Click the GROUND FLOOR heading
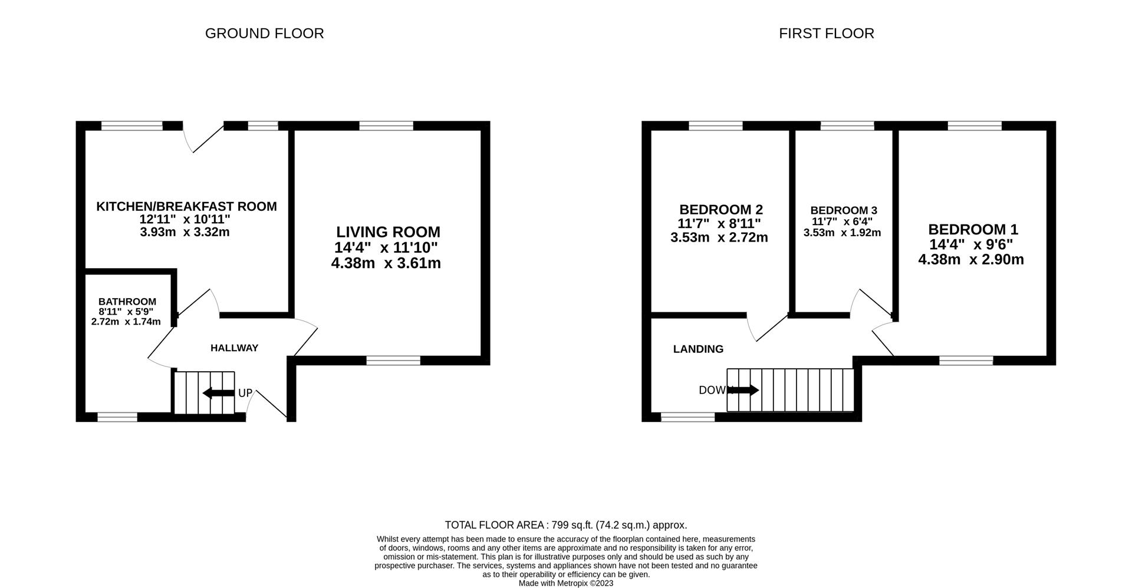click(x=264, y=34)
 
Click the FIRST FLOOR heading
click(x=827, y=34)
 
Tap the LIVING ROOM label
click(x=388, y=232)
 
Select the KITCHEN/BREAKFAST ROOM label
click(x=186, y=207)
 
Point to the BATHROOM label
click(x=127, y=302)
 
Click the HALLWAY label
click(x=235, y=348)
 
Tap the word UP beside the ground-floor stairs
click(x=245, y=393)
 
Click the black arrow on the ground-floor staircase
click(x=218, y=393)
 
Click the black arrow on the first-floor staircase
click(x=744, y=390)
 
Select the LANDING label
click(x=698, y=349)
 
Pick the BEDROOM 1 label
click(x=973, y=230)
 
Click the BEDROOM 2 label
click(x=721, y=210)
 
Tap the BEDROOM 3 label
click(x=844, y=210)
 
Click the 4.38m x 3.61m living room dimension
click(x=386, y=263)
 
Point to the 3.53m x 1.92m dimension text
click(x=842, y=233)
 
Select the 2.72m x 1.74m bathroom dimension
click(x=126, y=322)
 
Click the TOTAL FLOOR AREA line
click(x=566, y=525)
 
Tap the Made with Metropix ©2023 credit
click(x=566, y=583)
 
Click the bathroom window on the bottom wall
click(x=117, y=417)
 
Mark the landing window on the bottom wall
click(x=688, y=417)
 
